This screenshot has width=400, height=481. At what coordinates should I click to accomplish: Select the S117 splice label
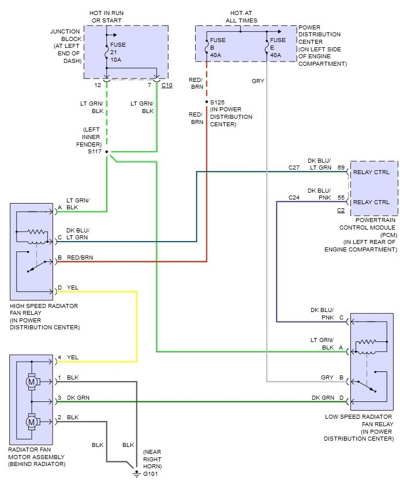pos(94,152)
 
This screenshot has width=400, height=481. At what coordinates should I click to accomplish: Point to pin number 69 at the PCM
pos(342,167)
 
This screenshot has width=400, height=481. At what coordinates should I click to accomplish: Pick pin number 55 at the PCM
pos(342,197)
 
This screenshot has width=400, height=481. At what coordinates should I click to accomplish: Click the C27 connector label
pos(295,167)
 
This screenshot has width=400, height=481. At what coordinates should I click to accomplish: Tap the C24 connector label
pos(295,197)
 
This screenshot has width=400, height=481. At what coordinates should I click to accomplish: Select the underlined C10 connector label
pos(167,85)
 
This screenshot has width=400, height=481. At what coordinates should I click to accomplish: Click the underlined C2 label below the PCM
pos(341,211)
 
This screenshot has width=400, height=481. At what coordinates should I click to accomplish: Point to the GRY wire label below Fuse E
pos(258,81)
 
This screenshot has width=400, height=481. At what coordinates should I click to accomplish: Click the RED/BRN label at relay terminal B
pos(80,258)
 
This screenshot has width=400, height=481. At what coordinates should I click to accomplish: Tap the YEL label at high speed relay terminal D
pos(73,287)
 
